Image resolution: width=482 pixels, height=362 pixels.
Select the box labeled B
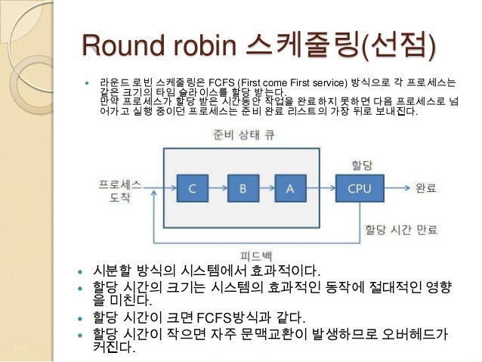click(242, 189)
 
